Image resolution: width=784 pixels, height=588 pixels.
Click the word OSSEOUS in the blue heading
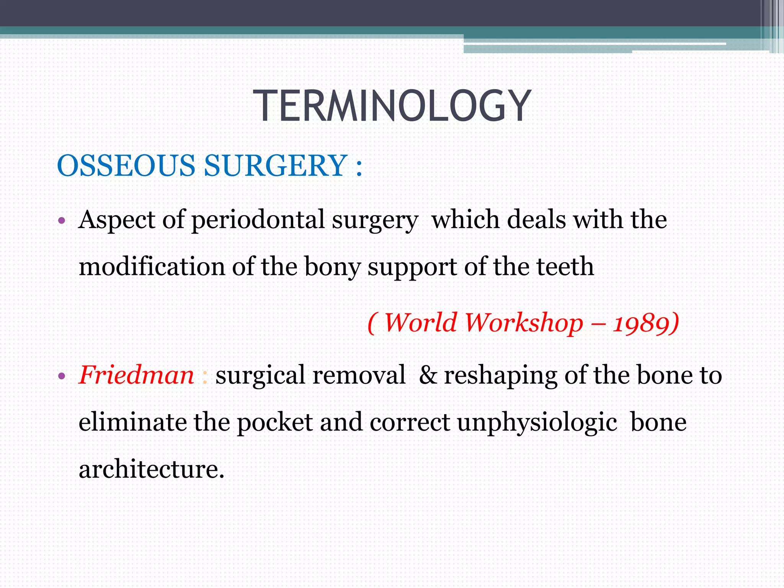[126, 166]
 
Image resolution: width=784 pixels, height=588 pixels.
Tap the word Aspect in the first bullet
[117, 220]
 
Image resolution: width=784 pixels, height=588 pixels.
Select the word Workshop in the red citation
[524, 323]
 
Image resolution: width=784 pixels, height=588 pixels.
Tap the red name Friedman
[137, 375]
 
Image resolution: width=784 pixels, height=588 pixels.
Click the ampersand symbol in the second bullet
[428, 375]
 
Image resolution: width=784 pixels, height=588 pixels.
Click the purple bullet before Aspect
[62, 221]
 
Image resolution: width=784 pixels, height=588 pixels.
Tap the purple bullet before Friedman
[62, 376]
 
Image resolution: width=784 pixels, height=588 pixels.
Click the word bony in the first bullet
[332, 267]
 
